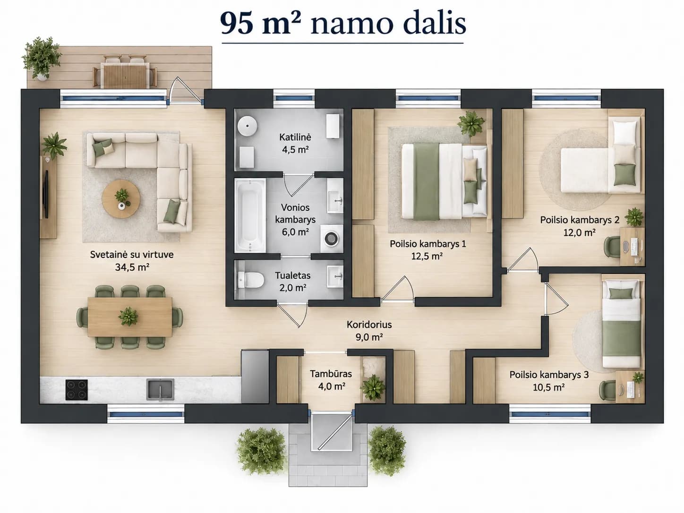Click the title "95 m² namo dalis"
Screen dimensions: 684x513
pos(343,24)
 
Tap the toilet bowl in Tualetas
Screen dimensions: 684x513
pos(250,279)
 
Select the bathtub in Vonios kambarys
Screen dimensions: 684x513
pos(250,215)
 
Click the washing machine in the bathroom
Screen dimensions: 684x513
pos(332,239)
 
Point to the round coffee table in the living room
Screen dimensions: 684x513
pos(121,198)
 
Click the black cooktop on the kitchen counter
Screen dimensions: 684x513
pos(77,390)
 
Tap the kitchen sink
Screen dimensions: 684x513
pos(161,390)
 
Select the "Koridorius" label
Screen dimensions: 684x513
pos(369,325)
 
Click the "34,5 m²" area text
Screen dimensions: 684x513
pos(132,267)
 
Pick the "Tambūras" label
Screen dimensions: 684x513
pos(331,374)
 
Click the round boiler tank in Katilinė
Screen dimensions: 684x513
pos(248,126)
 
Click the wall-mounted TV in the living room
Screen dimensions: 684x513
pos(46,194)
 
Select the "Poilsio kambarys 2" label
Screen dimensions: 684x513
pos(580,220)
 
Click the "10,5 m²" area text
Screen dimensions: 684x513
pos(549,387)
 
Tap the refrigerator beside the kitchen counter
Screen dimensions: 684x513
pos(255,376)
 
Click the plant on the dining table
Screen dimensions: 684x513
pos(128,316)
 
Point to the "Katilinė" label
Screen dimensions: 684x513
pos(295,137)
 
